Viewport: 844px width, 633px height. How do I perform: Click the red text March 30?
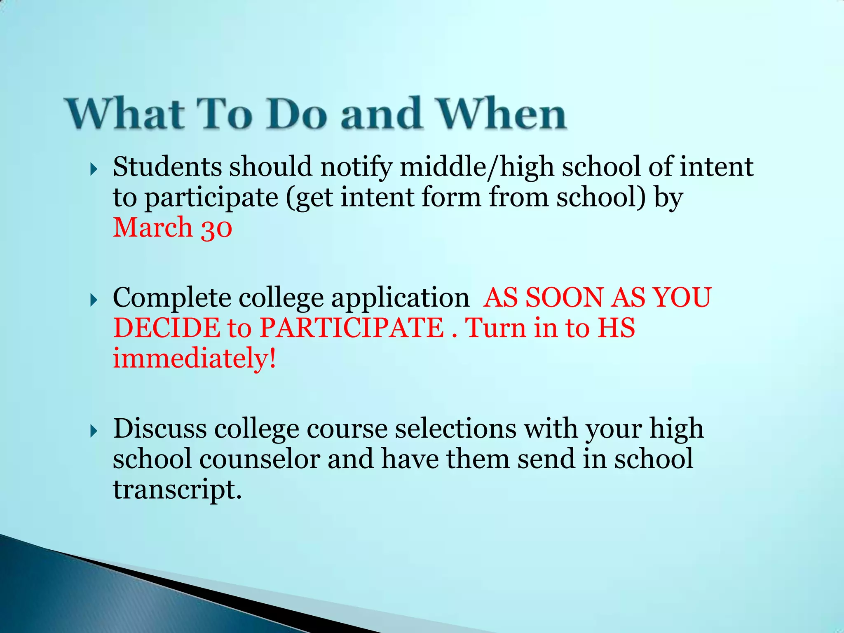(172, 227)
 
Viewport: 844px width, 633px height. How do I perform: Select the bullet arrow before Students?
(94, 169)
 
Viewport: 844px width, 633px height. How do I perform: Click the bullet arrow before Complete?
(94, 300)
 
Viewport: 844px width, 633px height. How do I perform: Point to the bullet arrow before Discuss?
(94, 431)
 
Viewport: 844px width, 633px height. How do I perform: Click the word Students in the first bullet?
(167, 167)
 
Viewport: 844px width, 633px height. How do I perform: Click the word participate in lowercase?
(211, 198)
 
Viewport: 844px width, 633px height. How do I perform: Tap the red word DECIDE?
(167, 328)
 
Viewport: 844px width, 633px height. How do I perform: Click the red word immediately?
(194, 359)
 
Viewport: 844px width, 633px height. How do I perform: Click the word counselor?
(260, 459)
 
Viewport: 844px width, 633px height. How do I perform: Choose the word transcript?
(177, 490)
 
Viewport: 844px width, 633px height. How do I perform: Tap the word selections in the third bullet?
(455, 429)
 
